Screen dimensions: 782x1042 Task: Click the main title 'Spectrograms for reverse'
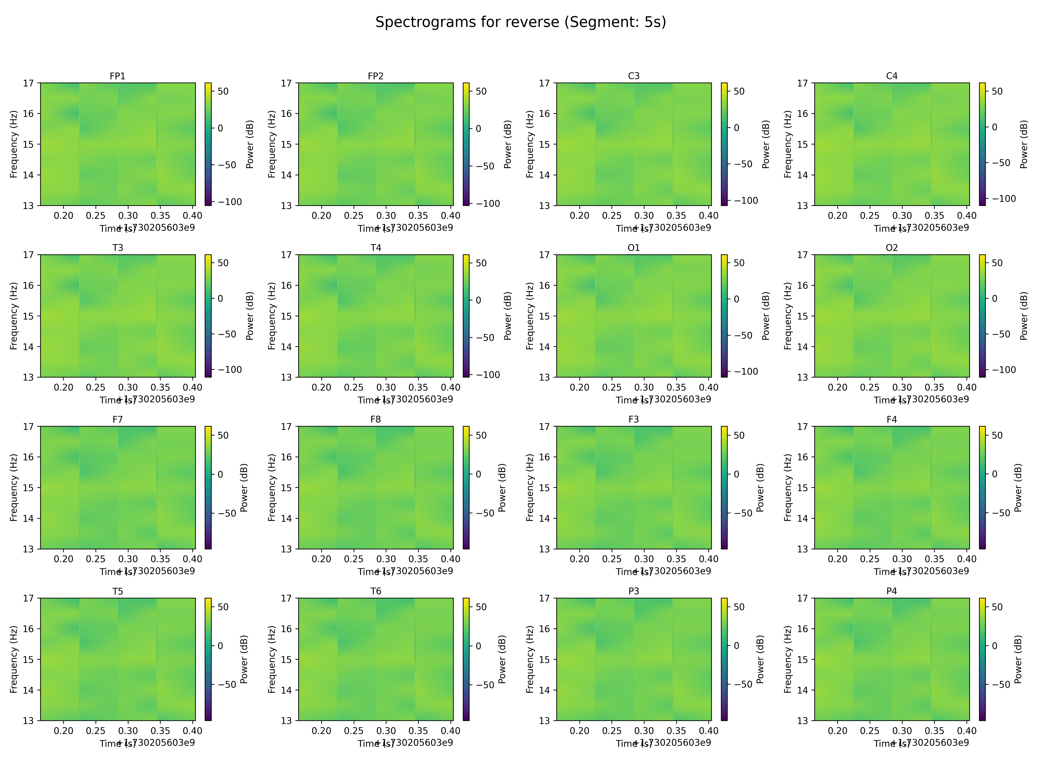[521, 22]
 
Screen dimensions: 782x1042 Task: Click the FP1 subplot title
[117, 76]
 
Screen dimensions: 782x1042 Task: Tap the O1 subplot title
[634, 247]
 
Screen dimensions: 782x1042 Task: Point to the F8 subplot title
[375, 419]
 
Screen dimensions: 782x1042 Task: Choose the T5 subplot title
[117, 591]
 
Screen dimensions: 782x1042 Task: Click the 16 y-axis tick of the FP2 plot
[287, 114]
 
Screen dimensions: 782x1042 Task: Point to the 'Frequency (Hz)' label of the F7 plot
[14, 487]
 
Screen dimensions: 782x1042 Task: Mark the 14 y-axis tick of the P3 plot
[545, 690]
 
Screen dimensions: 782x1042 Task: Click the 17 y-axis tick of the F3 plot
[545, 427]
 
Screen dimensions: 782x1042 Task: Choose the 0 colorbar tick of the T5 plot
[220, 646]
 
